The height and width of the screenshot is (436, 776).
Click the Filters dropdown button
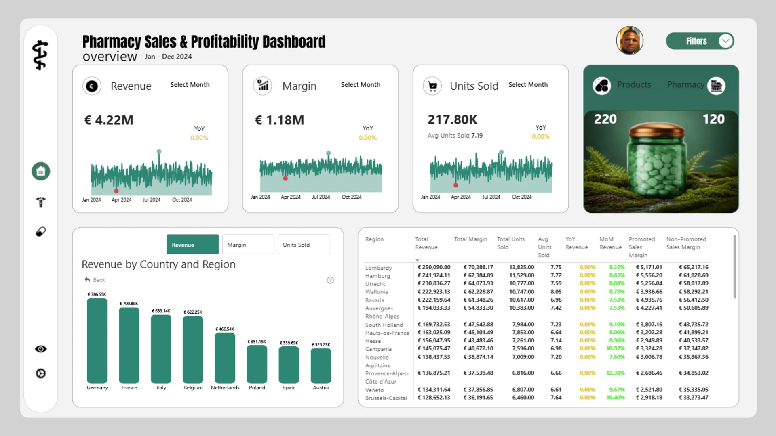click(700, 41)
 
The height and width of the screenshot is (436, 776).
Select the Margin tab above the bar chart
click(248, 245)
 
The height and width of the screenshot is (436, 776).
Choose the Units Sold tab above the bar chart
click(304, 245)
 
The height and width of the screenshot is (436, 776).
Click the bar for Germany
click(97, 341)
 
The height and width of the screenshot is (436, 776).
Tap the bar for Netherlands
click(225, 358)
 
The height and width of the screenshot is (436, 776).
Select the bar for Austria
click(321, 366)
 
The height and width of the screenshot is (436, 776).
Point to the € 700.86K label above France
click(129, 304)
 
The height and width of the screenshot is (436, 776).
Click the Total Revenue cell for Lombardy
click(434, 267)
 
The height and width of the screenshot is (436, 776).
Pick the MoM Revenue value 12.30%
click(615, 373)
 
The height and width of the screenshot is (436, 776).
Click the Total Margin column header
click(470, 239)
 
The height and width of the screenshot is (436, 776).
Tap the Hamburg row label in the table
click(377, 276)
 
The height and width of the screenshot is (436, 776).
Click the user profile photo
click(630, 40)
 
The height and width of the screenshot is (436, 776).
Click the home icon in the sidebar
click(41, 171)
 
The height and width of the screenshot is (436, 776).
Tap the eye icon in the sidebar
click(41, 349)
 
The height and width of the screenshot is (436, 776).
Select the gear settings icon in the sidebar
click(41, 373)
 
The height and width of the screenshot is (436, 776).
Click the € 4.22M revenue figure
click(109, 120)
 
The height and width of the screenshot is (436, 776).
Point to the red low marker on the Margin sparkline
click(285, 178)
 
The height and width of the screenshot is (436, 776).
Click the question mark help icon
click(330, 280)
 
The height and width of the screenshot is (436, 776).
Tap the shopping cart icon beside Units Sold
click(432, 86)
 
